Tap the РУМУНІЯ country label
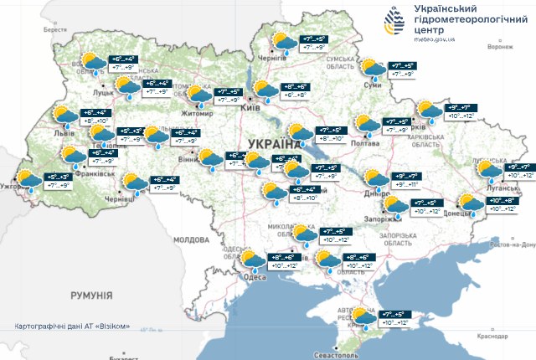(x=92, y=295)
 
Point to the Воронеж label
(x=499, y=47)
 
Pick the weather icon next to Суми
(x=371, y=69)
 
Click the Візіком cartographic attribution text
(x=72, y=325)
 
